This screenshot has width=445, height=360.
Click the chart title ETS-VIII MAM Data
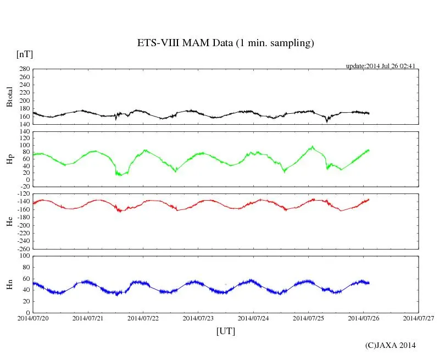pos(225,43)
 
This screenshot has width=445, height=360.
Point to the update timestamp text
pos(380,66)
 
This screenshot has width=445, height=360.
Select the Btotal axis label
pos(9,97)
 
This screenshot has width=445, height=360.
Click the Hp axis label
pos(9,159)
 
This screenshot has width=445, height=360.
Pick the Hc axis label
pos(9,221)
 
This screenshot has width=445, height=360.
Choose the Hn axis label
pos(9,284)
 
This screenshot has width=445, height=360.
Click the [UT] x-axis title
pos(226,331)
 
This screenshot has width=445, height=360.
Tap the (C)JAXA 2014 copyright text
pos(391,345)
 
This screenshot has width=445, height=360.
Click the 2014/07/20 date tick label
pos(33,318)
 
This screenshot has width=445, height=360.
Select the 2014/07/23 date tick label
pos(198,318)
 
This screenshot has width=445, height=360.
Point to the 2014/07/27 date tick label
pos(419,318)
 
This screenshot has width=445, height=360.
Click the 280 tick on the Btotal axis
pos(24,69)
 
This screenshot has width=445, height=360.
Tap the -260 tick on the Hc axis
pos(23,248)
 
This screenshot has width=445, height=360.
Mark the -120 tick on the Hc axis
pos(23,194)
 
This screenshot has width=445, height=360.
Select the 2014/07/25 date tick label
pos(308,318)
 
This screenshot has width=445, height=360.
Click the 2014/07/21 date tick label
pos(88,318)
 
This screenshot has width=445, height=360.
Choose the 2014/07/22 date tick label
pos(143,318)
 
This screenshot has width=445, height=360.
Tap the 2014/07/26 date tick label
pos(363,318)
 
